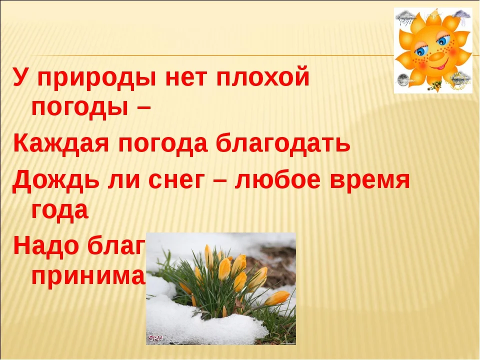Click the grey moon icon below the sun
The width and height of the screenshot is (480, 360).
[x=404, y=80]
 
